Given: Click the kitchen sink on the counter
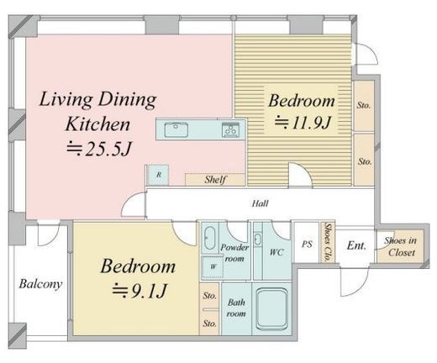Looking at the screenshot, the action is (x=176, y=129).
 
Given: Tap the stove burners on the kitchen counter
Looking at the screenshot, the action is (x=231, y=129).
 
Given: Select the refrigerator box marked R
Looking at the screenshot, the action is (x=158, y=175).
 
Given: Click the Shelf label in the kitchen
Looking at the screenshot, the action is (x=215, y=180).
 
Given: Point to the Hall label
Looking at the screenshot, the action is (x=260, y=203).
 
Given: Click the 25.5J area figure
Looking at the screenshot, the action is (x=99, y=149).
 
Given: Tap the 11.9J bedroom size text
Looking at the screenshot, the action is (x=303, y=123).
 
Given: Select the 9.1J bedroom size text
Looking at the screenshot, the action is (x=140, y=291).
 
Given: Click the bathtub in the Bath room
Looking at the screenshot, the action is (x=272, y=309).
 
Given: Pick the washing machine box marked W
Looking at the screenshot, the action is (x=213, y=267).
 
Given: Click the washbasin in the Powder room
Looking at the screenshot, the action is (x=209, y=239).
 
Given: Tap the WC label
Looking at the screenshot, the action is (x=276, y=252).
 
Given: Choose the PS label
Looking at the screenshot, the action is (x=307, y=244).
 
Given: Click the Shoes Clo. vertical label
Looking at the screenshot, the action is (x=327, y=243).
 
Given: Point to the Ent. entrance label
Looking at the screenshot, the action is (x=356, y=246).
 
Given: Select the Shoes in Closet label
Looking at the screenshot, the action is (x=401, y=246).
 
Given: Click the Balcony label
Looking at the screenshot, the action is (x=40, y=284).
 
